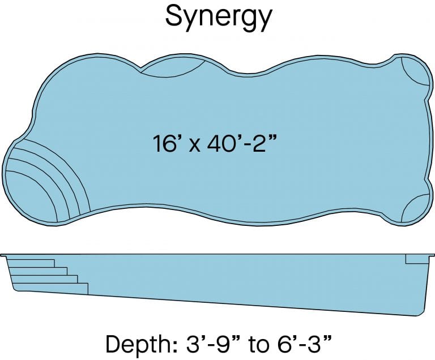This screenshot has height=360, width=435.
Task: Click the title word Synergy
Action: click(218, 18)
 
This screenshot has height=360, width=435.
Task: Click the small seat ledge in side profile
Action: click(415, 259)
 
